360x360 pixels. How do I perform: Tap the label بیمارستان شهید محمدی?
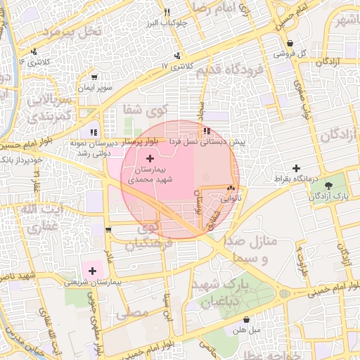pyautogui.click(x=148, y=175)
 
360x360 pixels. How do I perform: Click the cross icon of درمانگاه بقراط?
pyautogui.click(x=297, y=169)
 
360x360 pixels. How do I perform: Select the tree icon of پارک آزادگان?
pyautogui.click(x=329, y=186)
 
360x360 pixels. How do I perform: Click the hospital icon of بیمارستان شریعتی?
pyautogui.click(x=92, y=269)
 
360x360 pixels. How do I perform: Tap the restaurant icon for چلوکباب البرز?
pyautogui.click(x=167, y=12)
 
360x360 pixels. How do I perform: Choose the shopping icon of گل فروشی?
pyautogui.click(x=290, y=43)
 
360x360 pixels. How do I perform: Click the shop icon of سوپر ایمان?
pyautogui.click(x=94, y=77)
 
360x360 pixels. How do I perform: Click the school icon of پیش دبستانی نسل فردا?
pyautogui.click(x=206, y=131)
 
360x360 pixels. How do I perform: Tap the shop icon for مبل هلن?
pyautogui.click(x=246, y=319)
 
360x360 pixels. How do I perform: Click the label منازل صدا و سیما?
pyautogui.click(x=250, y=250)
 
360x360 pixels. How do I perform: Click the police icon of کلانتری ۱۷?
pyautogui.click(x=177, y=55)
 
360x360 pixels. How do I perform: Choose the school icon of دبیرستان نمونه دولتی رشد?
pyautogui.click(x=94, y=131)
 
